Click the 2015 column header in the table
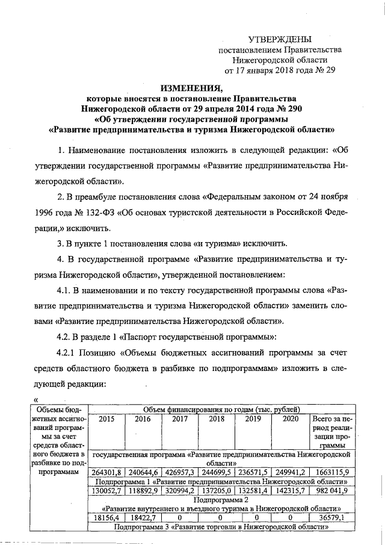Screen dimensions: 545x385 click(106, 419)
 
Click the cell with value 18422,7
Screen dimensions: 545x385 click(143, 518)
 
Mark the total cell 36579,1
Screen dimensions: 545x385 click(333, 518)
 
